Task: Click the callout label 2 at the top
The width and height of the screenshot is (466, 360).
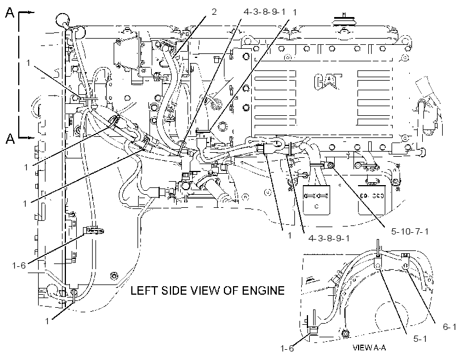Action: (214, 12)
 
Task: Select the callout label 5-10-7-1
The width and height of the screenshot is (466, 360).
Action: (410, 231)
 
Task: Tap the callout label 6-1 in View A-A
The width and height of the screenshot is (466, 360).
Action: (450, 326)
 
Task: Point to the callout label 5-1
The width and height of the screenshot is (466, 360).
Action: (420, 338)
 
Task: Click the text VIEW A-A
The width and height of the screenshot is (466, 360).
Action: (369, 348)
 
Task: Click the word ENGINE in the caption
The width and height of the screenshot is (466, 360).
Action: (263, 291)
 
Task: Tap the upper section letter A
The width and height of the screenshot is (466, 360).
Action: (10, 12)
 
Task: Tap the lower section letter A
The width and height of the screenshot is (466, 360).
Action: (10, 139)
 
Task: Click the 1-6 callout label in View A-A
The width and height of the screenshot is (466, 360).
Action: (287, 349)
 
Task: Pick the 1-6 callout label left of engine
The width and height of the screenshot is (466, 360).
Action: (19, 265)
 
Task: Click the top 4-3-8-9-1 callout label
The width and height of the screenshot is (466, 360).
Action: (264, 12)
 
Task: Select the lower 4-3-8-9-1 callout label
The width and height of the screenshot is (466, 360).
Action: (329, 238)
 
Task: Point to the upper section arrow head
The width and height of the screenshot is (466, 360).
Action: (31, 12)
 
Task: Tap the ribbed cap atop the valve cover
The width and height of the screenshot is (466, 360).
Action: (344, 22)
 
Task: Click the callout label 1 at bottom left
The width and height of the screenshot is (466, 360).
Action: (47, 321)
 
